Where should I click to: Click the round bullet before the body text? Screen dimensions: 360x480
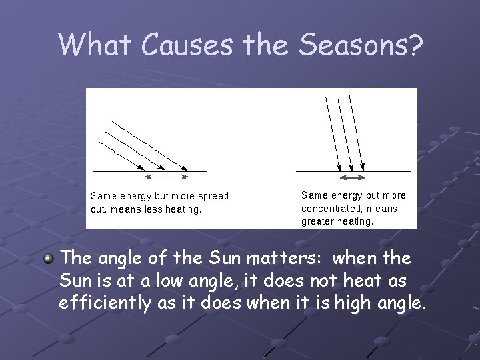(x=49, y=257)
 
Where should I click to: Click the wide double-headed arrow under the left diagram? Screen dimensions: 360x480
(x=167, y=177)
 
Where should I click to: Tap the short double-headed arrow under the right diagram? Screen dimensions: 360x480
(x=353, y=178)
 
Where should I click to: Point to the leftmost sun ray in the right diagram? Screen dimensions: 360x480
(x=332, y=133)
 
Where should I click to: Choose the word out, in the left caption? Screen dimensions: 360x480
(x=99, y=209)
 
